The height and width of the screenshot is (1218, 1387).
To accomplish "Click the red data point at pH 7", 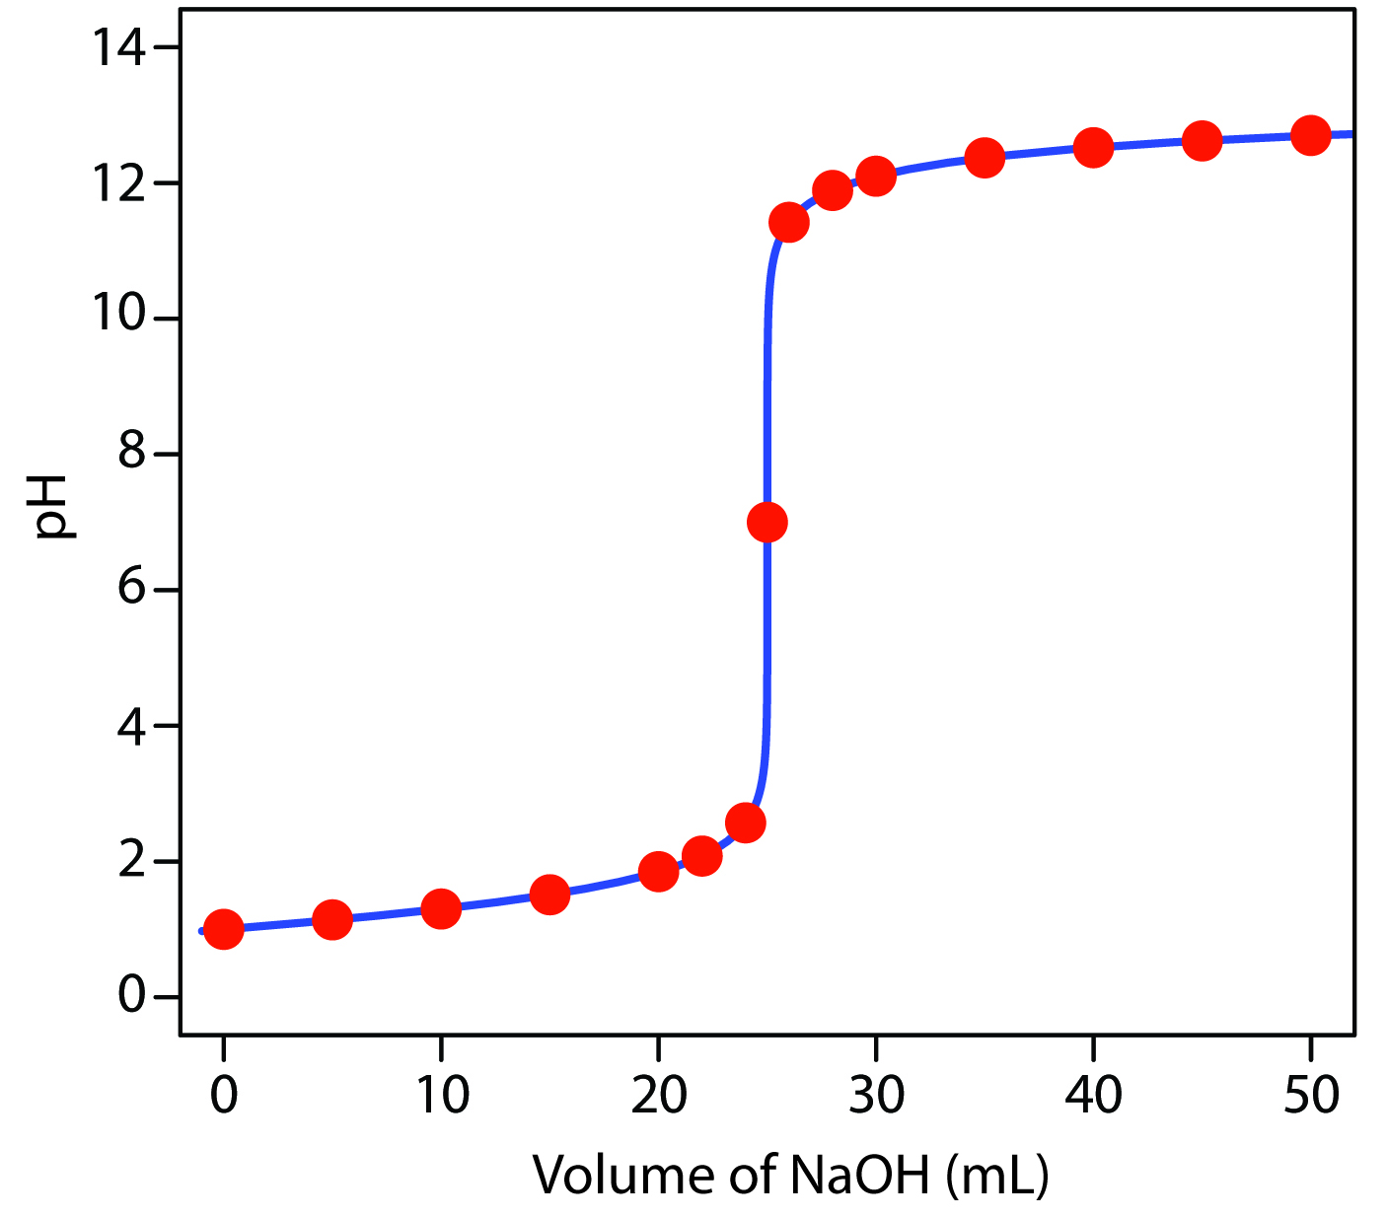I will pos(766,522).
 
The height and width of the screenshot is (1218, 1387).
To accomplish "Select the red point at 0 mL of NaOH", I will pos(224,928).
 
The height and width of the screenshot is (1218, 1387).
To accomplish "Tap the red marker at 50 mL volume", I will pos(1310,135).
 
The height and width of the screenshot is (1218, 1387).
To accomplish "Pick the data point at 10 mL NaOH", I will pos(441,908).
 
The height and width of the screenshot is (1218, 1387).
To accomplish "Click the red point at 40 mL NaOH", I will pos(1093,148).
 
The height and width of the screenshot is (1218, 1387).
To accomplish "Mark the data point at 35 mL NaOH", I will pos(985,158).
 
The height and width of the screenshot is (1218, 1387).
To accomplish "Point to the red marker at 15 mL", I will pos(549,895).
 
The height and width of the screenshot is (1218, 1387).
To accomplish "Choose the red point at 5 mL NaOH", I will pos(332,919).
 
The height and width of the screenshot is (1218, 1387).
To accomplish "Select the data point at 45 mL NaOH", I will pos(1202,141).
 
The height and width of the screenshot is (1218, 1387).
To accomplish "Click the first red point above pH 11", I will pos(788,223).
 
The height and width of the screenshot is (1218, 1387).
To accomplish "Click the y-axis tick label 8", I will pos(132,455).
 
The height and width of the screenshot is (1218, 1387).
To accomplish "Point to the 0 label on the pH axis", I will pos(132,996).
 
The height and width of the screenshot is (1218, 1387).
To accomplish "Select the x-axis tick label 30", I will pos(875,1095).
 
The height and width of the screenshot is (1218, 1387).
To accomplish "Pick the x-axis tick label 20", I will pos(658,1095).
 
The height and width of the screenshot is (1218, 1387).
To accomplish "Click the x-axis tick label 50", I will pos(1310,1095).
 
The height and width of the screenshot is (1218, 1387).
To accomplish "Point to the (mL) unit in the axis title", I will pos(996,1175).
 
